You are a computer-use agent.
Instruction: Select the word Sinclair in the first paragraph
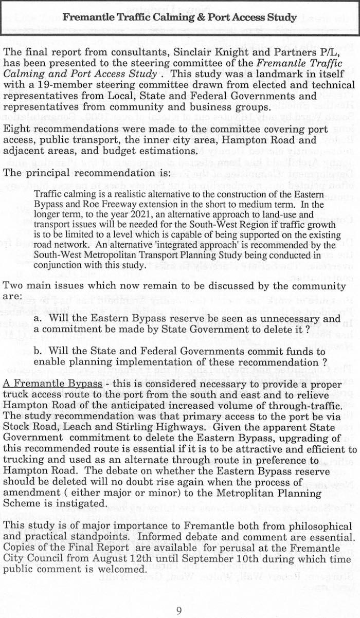pos(192,51)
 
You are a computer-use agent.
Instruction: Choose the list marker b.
pos(38,337)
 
